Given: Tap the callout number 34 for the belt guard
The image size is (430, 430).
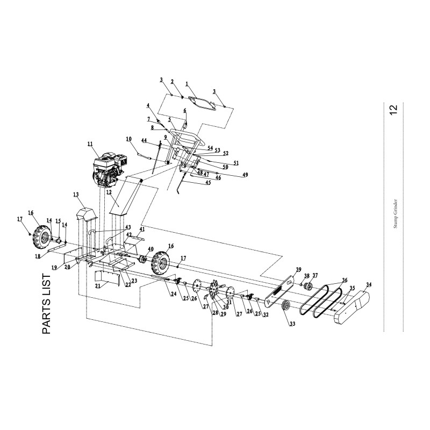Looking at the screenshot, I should [369, 284].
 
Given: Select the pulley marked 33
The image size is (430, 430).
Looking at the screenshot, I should [285, 308].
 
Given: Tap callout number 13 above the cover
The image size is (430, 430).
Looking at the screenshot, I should [76, 194].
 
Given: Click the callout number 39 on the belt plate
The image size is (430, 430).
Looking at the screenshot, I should [299, 269].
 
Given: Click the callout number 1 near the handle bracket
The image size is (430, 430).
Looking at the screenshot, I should [187, 84].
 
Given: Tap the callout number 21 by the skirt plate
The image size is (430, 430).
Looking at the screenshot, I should [97, 286].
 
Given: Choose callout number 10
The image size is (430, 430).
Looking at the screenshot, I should [129, 139].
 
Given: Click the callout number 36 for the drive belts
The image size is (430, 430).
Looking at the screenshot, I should [345, 280].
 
